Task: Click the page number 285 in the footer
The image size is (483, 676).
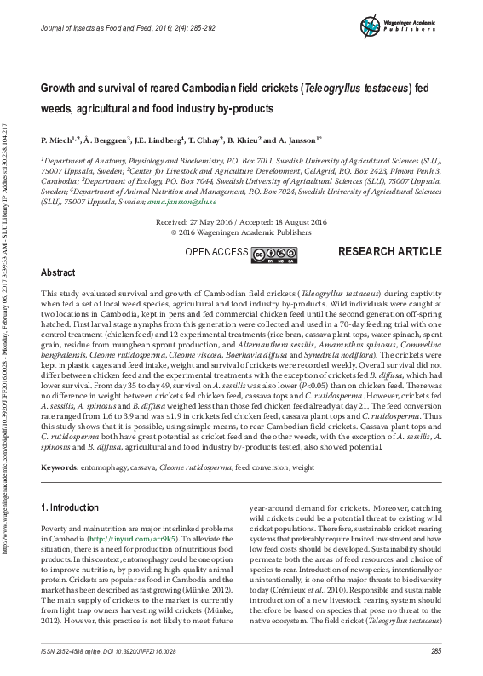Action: click(435, 651)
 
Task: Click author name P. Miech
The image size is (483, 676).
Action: click(58, 139)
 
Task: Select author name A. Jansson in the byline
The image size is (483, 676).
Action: click(298, 139)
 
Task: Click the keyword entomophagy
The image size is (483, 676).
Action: click(116, 468)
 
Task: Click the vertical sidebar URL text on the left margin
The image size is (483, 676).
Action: click(7, 341)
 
